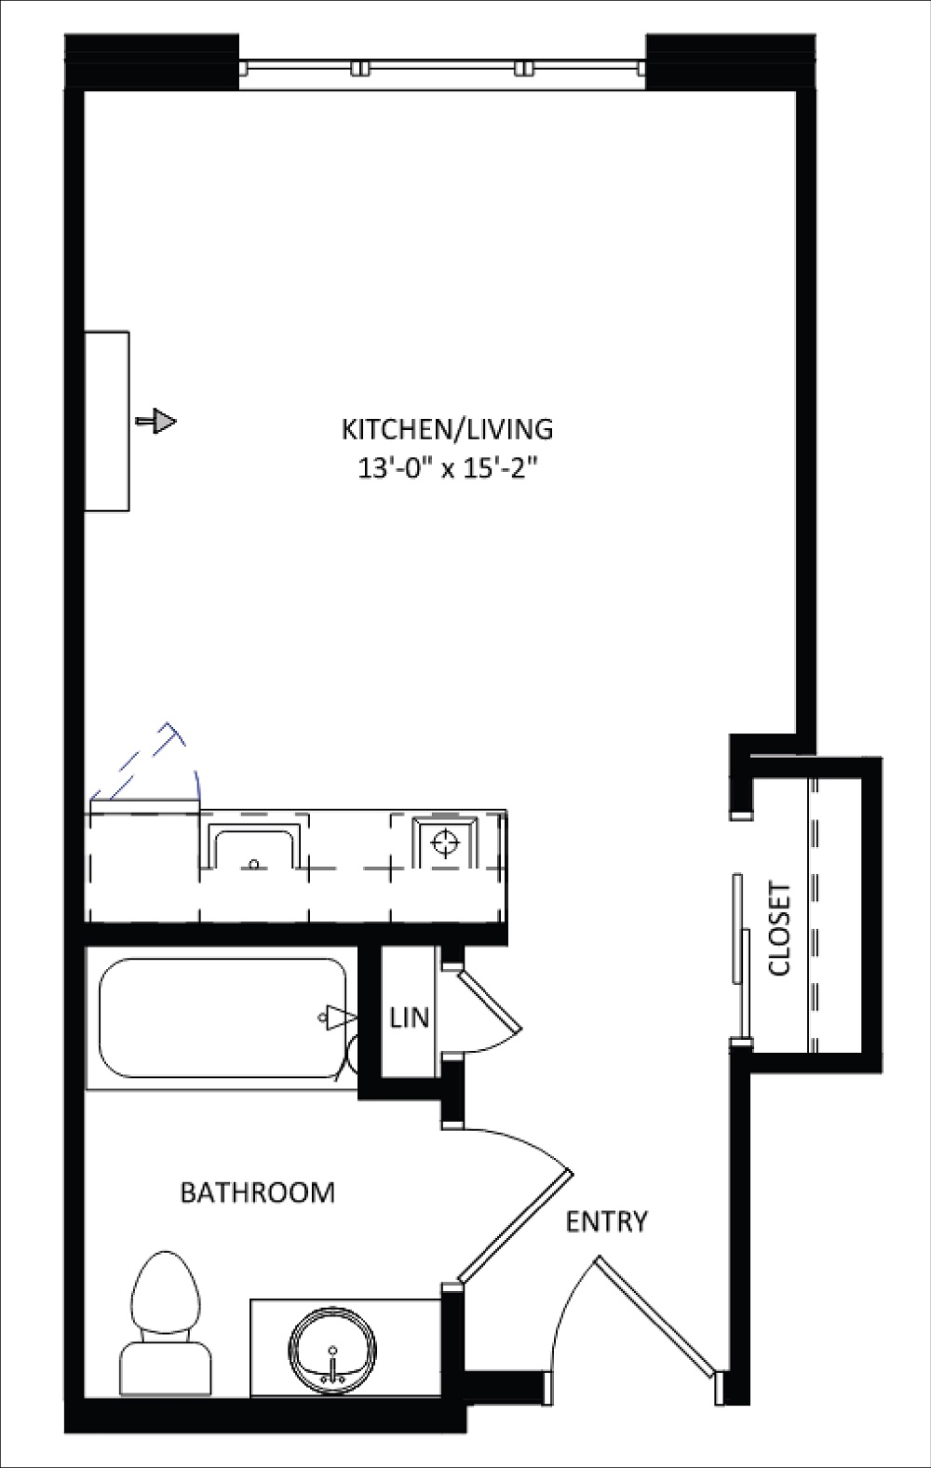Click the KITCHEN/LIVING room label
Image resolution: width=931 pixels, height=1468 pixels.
(448, 429)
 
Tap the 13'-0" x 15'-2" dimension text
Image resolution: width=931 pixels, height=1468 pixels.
(448, 469)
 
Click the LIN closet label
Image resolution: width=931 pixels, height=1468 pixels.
(410, 1017)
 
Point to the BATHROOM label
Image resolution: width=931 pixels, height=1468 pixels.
(258, 1192)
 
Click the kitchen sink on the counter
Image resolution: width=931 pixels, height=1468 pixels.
(254, 849)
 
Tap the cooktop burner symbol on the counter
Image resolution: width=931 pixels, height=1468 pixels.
(445, 842)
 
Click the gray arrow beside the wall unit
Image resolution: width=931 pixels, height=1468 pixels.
(156, 420)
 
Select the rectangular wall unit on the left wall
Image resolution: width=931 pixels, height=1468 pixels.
(107, 421)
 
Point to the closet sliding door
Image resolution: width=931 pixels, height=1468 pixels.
(741, 957)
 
